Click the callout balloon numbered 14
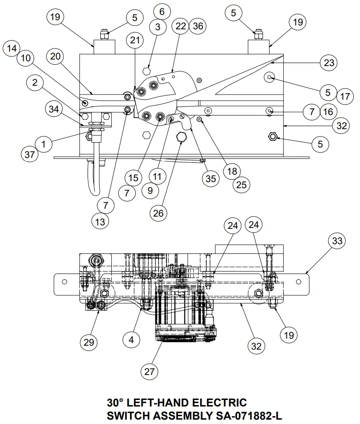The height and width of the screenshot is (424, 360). [12, 49]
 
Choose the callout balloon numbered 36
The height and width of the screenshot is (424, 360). [198, 26]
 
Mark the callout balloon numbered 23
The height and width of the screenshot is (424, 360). [329, 63]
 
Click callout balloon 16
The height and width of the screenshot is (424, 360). [328, 112]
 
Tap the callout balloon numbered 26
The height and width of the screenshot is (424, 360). [158, 213]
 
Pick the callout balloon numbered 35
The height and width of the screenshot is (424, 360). [211, 179]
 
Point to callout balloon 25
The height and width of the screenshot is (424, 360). [241, 185]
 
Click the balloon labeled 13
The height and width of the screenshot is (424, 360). [101, 221]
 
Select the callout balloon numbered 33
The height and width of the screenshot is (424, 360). [337, 241]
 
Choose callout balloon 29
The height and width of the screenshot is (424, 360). [89, 342]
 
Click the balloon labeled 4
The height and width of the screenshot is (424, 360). [131, 339]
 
